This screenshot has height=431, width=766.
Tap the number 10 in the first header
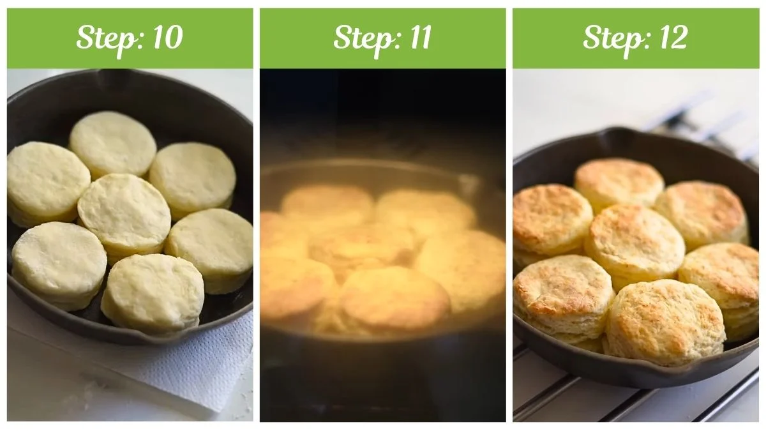click(167, 38)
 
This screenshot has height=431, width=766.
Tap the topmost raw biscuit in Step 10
click(113, 144)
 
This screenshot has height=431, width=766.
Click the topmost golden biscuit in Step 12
click(619, 183)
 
